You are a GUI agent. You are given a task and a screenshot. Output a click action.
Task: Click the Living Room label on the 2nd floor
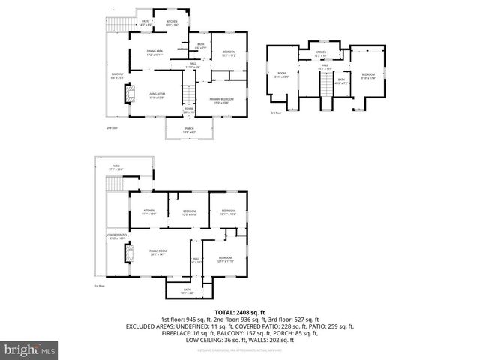pyautogui.click(x=156, y=94)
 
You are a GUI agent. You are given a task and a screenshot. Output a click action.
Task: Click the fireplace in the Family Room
pyautogui.click(x=128, y=254)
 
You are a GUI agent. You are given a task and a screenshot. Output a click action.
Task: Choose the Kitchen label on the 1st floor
pyautogui.click(x=148, y=212)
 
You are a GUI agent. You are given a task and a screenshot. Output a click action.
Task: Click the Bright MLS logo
pyautogui.click(x=28, y=349)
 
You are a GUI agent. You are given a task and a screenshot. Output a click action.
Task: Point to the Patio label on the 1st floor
pyautogui.click(x=116, y=168)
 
